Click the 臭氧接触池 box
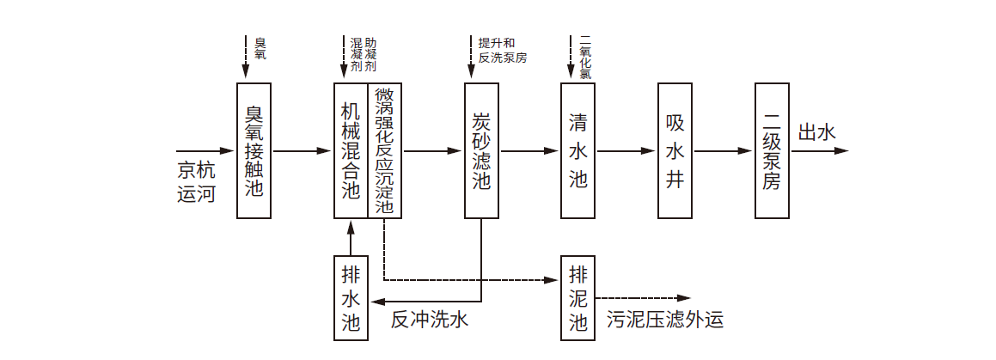pos(254,150)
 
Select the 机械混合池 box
pos(351,150)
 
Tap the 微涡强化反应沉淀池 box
pos(384,150)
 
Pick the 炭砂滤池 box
pos(481,150)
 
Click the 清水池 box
pos(577,150)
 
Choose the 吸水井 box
pos(675,150)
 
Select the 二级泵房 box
pos(772,150)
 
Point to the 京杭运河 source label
pos(196,180)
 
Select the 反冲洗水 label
pos(429,320)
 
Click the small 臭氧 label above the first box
pos(260,48)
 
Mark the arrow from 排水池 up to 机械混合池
pos(351,237)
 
